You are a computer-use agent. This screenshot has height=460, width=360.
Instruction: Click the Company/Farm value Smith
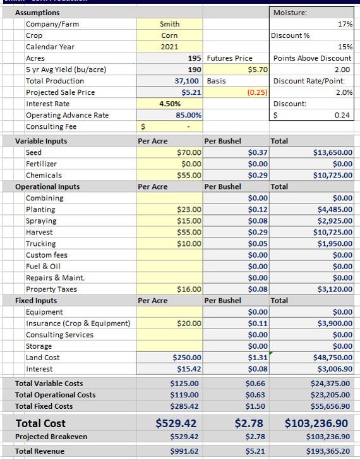pos(169,24)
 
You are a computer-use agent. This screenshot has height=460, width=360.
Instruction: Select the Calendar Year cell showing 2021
pos(169,47)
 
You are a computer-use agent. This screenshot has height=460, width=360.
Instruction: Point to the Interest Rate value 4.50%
pos(169,104)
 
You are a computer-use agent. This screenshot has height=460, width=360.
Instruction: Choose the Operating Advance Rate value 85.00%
pos(189,115)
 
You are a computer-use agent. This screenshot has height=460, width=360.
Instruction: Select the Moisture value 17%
pos(345,24)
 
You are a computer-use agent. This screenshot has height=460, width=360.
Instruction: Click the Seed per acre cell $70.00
pos(189,153)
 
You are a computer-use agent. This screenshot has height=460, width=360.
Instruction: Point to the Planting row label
pos(40,210)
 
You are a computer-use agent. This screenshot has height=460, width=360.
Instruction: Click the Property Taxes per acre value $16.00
pos(189,289)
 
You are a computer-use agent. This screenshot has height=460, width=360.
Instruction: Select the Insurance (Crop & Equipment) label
pos(78,324)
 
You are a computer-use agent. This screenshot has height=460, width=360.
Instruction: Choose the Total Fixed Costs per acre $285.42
pos(184,406)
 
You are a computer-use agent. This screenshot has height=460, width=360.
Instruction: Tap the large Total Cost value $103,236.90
pos(316,423)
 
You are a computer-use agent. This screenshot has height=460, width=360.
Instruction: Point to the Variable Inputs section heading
pos(41,142)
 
